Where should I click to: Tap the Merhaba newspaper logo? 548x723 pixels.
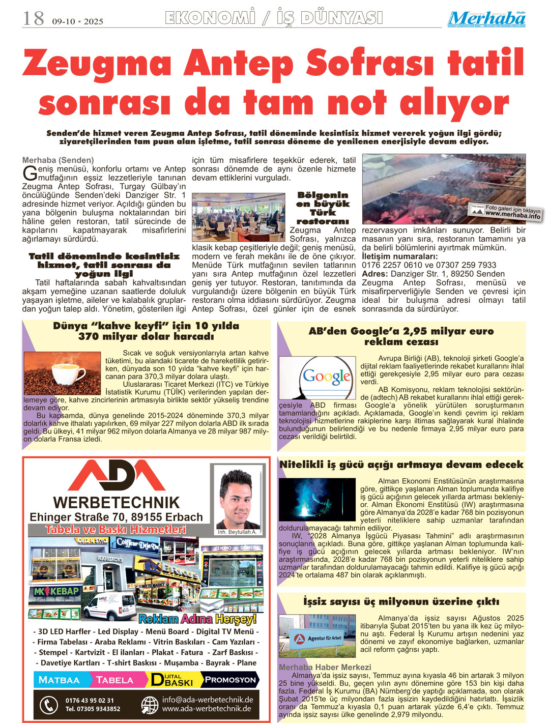tap(486, 19)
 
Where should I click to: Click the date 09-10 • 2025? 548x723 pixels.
tap(77, 21)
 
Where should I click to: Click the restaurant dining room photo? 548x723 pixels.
tap(238, 217)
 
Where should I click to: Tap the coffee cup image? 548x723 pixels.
tap(63, 374)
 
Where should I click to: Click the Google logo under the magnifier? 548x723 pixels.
tap(327, 377)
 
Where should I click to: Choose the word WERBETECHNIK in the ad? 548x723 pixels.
tap(116, 503)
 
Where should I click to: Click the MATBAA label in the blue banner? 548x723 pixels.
tap(60, 680)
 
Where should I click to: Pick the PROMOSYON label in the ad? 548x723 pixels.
tap(230, 680)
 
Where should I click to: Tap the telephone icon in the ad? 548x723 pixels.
tap(49, 705)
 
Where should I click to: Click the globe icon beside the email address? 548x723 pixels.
tap(150, 705)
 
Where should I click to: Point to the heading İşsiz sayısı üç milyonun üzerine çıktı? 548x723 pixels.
tap(401, 601)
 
